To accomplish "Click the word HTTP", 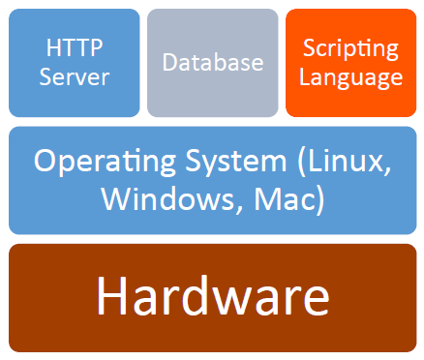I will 74,46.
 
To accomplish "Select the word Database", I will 213,63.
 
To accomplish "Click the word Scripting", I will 350,48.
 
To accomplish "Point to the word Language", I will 350,76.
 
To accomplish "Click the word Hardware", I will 213,298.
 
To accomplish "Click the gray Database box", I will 213,87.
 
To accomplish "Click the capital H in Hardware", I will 113,298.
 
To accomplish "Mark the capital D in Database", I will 170,63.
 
